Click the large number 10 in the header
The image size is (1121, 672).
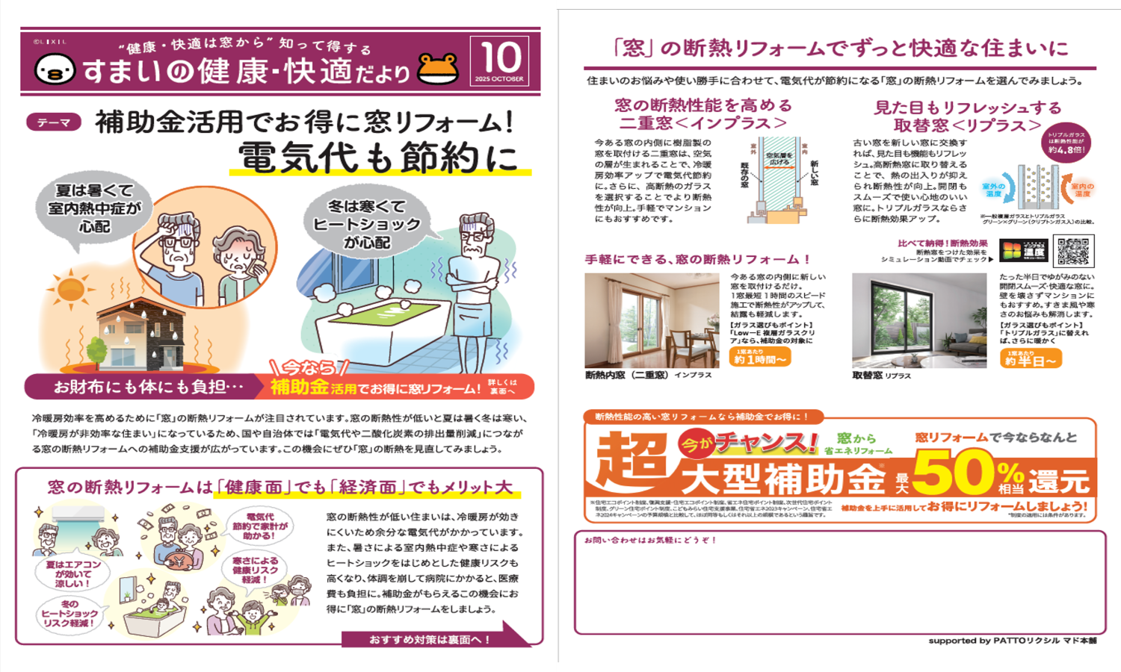pyautogui.click(x=499, y=57)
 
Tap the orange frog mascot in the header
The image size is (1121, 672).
pyautogui.click(x=438, y=69)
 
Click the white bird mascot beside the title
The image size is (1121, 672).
pyautogui.click(x=55, y=69)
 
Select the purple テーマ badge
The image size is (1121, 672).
pyautogui.click(x=54, y=122)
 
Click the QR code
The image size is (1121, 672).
pyautogui.click(x=1073, y=251)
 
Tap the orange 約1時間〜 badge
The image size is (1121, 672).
pyautogui.click(x=760, y=357)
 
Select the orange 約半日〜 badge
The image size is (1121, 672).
pyautogui.click(x=1031, y=358)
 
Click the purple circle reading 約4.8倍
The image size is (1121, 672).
pyautogui.click(x=1066, y=143)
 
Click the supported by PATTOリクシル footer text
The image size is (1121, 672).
pyautogui.click(x=1012, y=641)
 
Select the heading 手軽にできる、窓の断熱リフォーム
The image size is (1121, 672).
pyautogui.click(x=697, y=259)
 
